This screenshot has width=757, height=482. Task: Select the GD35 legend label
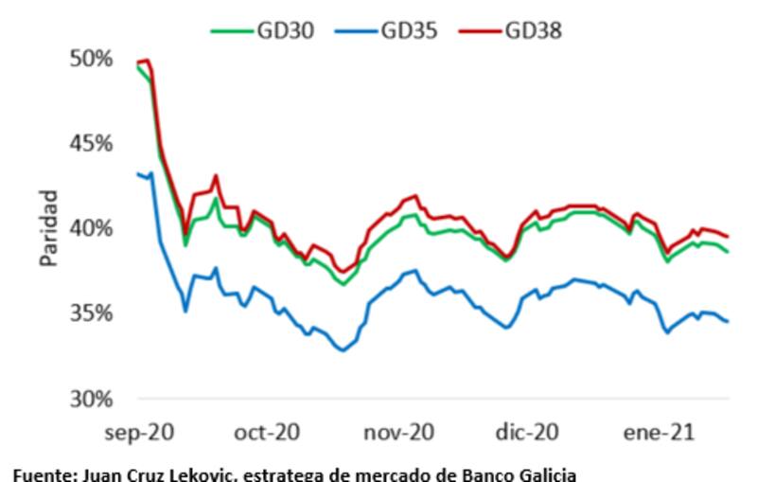(x=409, y=30)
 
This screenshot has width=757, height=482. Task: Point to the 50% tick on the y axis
(x=94, y=58)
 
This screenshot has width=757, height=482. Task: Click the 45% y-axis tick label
(x=94, y=143)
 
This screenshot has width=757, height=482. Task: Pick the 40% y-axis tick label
(x=94, y=228)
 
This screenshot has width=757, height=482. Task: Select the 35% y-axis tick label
(x=94, y=313)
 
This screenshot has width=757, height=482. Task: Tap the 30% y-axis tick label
(x=94, y=399)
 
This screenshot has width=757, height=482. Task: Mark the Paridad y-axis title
(x=48, y=228)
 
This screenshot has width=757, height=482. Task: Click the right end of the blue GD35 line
(x=727, y=322)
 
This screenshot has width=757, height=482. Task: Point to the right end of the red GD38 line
(x=727, y=237)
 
